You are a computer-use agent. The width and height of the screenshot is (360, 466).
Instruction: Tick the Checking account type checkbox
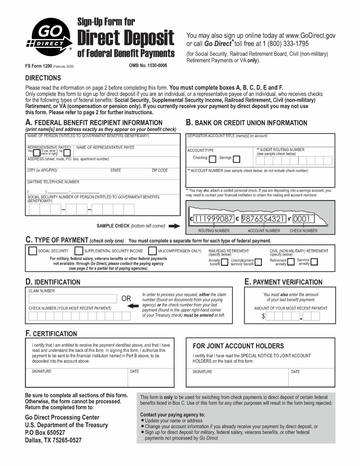pos(213,159)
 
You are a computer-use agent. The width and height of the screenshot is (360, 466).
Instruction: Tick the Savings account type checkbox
pos(237,159)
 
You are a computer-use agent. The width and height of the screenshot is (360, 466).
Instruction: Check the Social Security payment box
pos(32,251)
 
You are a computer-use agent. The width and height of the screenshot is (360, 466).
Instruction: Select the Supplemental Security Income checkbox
pos(79,251)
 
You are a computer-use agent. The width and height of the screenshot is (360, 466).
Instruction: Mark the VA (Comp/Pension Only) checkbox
pos(152,251)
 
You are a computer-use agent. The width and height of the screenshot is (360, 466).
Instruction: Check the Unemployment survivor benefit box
pos(258,262)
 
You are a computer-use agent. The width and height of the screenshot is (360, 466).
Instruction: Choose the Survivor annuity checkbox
pos(314,262)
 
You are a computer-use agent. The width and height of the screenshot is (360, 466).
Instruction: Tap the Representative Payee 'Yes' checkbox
pos(36,153)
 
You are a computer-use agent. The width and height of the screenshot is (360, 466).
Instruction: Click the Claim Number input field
pos(73,299)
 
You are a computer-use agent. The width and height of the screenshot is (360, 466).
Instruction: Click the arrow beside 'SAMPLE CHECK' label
pos(174,226)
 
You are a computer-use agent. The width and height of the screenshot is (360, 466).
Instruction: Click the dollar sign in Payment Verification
pos(263,316)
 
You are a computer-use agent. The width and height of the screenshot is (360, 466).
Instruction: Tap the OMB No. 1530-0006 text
pos(148,66)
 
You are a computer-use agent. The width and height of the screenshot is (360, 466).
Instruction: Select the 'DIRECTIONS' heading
pos(43,78)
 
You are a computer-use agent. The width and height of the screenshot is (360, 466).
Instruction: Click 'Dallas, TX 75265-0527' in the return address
pos(53,440)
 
